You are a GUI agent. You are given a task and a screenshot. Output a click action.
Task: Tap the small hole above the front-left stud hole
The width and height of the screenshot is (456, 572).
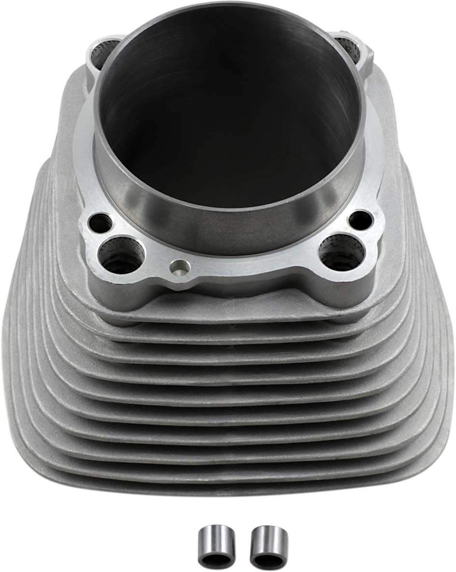tap(100, 223)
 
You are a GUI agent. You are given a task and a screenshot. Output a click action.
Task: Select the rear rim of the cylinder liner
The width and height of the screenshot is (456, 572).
tap(227, 6)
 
